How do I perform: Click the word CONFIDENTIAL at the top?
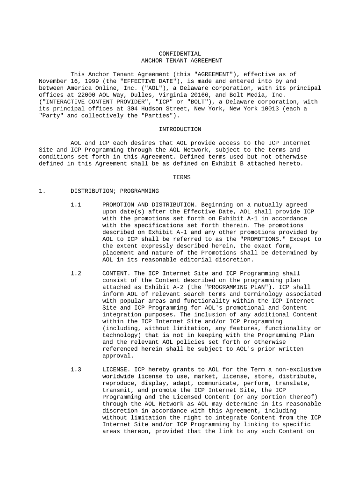click(180, 54)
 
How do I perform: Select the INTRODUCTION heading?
click(180, 129)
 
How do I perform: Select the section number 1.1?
click(76, 205)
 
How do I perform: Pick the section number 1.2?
click(76, 273)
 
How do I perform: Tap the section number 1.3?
click(76, 369)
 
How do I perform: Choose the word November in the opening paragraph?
click(53, 81)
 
